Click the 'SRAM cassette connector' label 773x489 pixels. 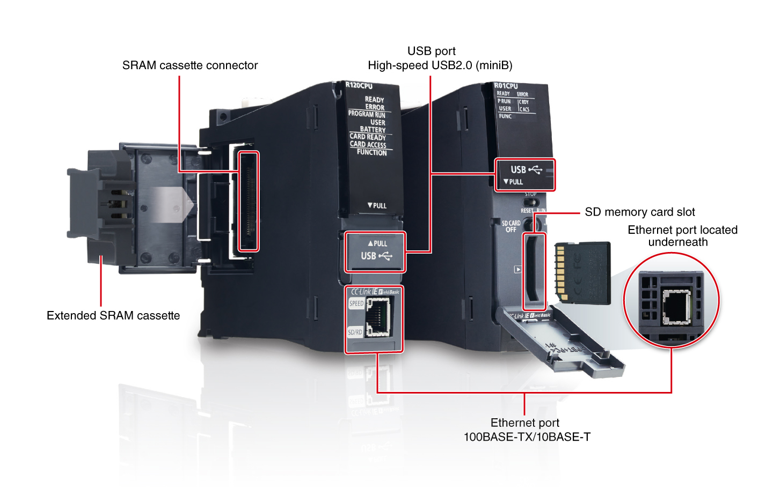(190, 65)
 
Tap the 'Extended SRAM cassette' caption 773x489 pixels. (113, 315)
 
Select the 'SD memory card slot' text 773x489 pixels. (640, 212)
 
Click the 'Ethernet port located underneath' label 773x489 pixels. (682, 236)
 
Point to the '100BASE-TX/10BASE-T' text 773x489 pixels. (527, 437)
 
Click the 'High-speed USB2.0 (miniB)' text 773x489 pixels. (440, 65)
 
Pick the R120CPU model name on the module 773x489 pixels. (359, 85)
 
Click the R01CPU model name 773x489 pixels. (506, 85)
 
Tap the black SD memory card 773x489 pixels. (583, 272)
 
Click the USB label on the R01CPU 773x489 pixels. (518, 169)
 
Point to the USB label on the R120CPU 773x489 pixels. (369, 256)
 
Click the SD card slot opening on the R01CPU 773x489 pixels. (533, 271)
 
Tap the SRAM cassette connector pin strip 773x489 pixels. (248, 201)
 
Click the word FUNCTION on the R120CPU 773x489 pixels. (371, 152)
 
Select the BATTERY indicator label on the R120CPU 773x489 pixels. (373, 129)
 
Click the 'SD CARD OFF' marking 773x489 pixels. (511, 226)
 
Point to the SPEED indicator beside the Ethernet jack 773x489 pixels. (356, 303)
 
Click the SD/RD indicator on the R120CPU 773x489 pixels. (355, 332)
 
